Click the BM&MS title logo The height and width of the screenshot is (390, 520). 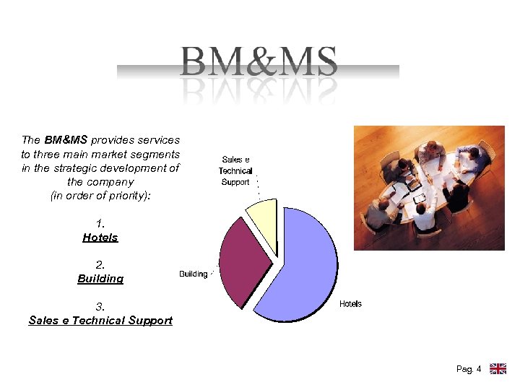click(259, 62)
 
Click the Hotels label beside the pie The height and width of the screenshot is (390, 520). click(350, 304)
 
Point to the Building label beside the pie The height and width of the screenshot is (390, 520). click(193, 274)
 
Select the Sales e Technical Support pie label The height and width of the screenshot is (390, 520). click(235, 171)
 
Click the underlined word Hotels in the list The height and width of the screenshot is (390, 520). click(100, 238)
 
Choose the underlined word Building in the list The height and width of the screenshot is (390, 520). click(100, 279)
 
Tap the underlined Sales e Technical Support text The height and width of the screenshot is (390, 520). click(100, 321)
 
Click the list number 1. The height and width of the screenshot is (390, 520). click(100, 224)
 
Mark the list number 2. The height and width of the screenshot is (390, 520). click(100, 265)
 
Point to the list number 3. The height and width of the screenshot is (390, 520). click(100, 306)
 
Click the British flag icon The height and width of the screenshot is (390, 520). click(498, 369)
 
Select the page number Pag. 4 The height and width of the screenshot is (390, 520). click(469, 370)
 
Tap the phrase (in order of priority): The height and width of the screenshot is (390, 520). click(100, 196)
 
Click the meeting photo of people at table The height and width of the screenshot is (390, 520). click(429, 188)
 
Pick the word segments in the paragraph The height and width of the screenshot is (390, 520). click(155, 154)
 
